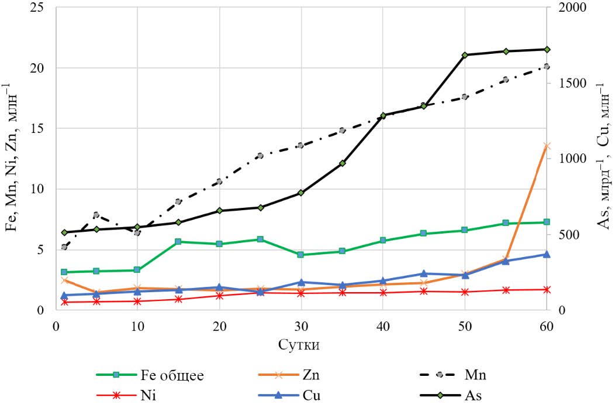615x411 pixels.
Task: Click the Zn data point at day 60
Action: coord(547,146)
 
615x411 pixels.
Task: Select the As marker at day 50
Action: coord(465,55)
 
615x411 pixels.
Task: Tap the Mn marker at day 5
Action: coord(96,215)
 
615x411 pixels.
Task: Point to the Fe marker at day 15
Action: coord(178,241)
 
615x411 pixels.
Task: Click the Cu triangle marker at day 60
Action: coord(547,254)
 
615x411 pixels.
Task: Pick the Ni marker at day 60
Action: coord(547,289)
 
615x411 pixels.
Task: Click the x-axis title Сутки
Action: coord(300,344)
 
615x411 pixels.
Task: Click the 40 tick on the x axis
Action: coord(383,327)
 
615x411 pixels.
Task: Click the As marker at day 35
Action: coord(342,163)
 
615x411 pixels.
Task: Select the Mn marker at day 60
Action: coord(547,66)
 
